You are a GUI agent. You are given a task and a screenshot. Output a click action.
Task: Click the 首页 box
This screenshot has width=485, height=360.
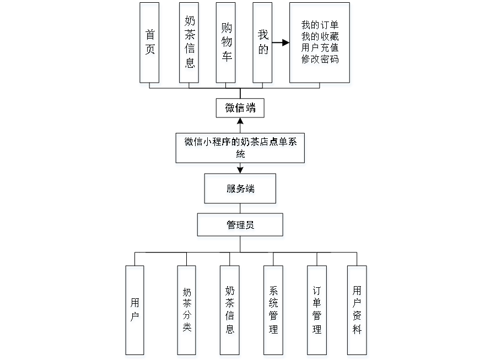pos(150,44)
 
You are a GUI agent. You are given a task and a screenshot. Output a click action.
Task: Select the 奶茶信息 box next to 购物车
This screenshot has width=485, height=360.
pos(189,44)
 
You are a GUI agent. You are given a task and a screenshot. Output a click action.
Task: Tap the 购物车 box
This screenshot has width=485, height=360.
pos(226,44)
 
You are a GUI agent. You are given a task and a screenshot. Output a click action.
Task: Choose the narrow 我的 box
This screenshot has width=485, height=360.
pos(263,44)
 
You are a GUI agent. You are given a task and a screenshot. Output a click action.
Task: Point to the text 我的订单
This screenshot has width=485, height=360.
pos(320,26)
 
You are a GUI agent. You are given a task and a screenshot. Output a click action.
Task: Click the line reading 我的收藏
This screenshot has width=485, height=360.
pos(320,37)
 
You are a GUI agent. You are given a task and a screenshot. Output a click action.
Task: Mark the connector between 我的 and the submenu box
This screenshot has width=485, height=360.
pos(282,42)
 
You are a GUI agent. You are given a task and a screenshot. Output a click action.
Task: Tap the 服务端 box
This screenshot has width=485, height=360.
pos(240,190)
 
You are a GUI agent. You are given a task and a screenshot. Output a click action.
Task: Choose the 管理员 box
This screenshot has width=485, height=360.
pos(240,226)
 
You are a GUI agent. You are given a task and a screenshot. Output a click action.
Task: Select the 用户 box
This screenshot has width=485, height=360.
pos(135,311)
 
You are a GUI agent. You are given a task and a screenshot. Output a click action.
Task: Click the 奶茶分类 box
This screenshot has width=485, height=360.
pos(187,311)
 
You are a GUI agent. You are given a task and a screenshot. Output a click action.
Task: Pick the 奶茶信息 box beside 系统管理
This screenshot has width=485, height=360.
pos(230,311)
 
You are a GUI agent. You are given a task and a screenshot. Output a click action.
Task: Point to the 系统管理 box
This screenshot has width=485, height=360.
pos(274,311)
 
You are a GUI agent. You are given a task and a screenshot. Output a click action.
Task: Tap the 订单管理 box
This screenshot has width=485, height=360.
pos(317,311)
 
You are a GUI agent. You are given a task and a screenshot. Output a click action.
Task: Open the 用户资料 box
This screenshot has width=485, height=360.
pos(358,311)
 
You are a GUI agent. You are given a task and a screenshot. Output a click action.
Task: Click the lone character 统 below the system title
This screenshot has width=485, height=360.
pos(240,155)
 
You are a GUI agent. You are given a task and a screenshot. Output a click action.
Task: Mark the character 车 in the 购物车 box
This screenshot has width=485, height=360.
pos(226,58)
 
